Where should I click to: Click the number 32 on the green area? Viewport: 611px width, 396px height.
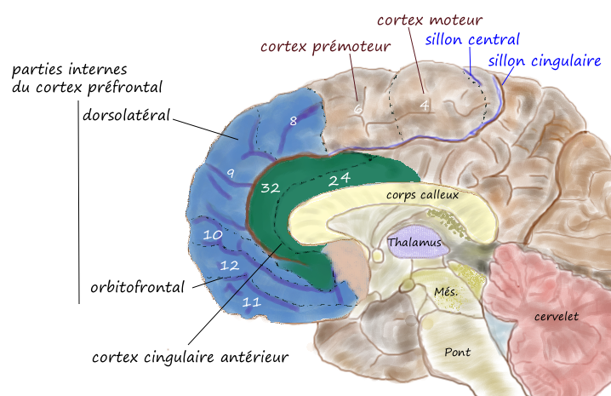point(271,187)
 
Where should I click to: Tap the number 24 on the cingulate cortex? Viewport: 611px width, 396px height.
point(340,179)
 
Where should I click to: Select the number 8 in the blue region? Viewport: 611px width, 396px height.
point(293,122)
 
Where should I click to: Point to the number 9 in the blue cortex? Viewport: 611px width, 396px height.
point(230,173)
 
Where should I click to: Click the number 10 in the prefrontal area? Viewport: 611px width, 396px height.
point(212,233)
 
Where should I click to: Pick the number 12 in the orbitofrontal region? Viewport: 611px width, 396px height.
point(228,266)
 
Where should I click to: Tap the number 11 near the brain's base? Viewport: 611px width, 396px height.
point(252,301)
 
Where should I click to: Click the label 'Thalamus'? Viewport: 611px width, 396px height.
point(414,243)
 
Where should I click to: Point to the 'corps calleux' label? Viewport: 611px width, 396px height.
point(422,195)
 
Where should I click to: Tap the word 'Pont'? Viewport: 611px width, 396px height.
point(457,351)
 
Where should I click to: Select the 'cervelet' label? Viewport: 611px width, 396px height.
point(556,316)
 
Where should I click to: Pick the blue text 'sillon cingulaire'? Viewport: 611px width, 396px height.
point(545,61)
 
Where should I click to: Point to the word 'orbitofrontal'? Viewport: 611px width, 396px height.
point(138,287)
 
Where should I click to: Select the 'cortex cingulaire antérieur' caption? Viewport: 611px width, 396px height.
point(190,356)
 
